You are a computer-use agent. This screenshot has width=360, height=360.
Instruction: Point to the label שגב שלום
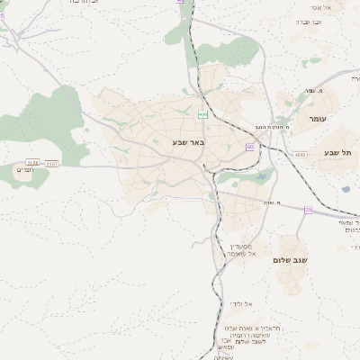tap(291, 260)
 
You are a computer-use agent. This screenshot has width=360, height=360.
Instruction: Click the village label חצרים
tap(25, 169)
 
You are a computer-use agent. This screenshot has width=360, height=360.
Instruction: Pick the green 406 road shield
tap(202, 114)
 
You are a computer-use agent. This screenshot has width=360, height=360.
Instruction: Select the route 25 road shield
tap(308, 210)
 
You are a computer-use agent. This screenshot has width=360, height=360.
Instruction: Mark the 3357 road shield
tap(52, 163)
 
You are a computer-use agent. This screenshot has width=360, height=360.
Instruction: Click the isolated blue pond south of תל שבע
tap(345, 190)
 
